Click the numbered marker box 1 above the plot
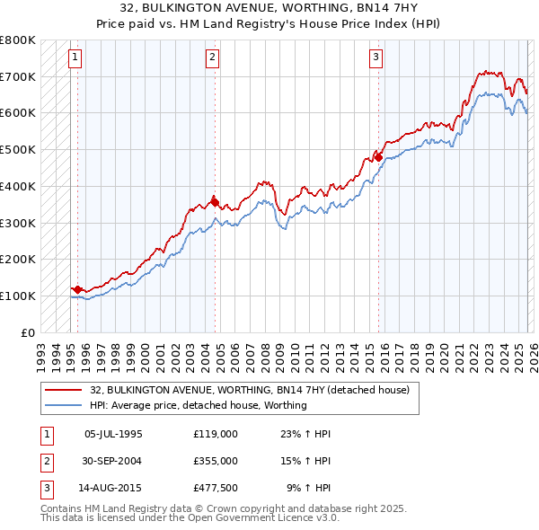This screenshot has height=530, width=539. pyautogui.click(x=75, y=58)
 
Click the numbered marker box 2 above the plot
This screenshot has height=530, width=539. pyautogui.click(x=213, y=58)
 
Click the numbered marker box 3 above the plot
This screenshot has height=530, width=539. pyautogui.click(x=376, y=58)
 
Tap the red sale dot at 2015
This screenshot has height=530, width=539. pyautogui.click(x=378, y=157)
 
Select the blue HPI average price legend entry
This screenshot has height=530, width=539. pyautogui.click(x=199, y=405)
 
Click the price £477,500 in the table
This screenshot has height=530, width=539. pyautogui.click(x=215, y=488)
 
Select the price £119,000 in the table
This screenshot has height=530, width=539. pyautogui.click(x=215, y=434)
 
